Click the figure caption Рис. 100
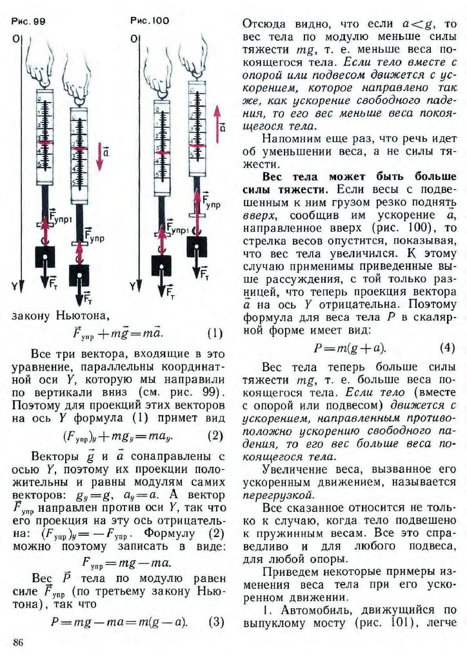149,21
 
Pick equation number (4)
447,347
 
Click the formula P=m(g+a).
349,348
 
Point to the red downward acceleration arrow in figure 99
99,156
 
